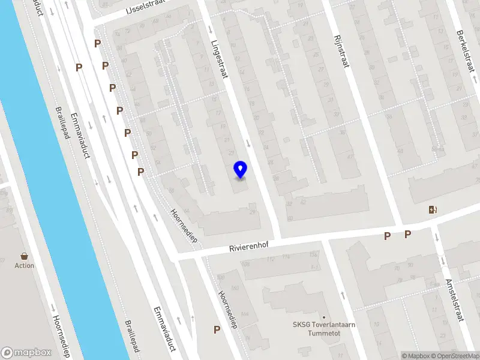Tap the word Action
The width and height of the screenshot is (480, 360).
tap(25, 266)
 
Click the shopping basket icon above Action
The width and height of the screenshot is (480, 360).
tap(25, 256)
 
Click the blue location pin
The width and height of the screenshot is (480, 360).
tap(241, 170)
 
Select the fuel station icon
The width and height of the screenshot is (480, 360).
tap(432, 209)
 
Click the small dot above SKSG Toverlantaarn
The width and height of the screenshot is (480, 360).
tap(324, 317)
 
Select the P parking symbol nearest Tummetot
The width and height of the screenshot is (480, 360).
tap(217, 329)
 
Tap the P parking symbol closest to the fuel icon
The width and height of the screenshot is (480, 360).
tap(407, 235)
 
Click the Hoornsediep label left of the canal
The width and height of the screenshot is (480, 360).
tap(61, 336)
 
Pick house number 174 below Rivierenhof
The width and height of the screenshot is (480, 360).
tap(286, 259)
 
